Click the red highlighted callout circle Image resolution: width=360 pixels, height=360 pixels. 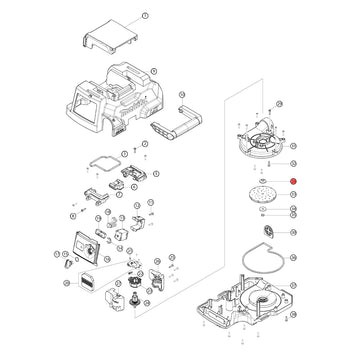[293, 180]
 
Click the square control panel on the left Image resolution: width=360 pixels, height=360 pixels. [81, 246]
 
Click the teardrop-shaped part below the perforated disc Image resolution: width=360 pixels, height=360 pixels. [267, 233]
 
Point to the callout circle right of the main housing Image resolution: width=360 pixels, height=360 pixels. [152, 70]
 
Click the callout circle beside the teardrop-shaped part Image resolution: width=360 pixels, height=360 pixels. [293, 232]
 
